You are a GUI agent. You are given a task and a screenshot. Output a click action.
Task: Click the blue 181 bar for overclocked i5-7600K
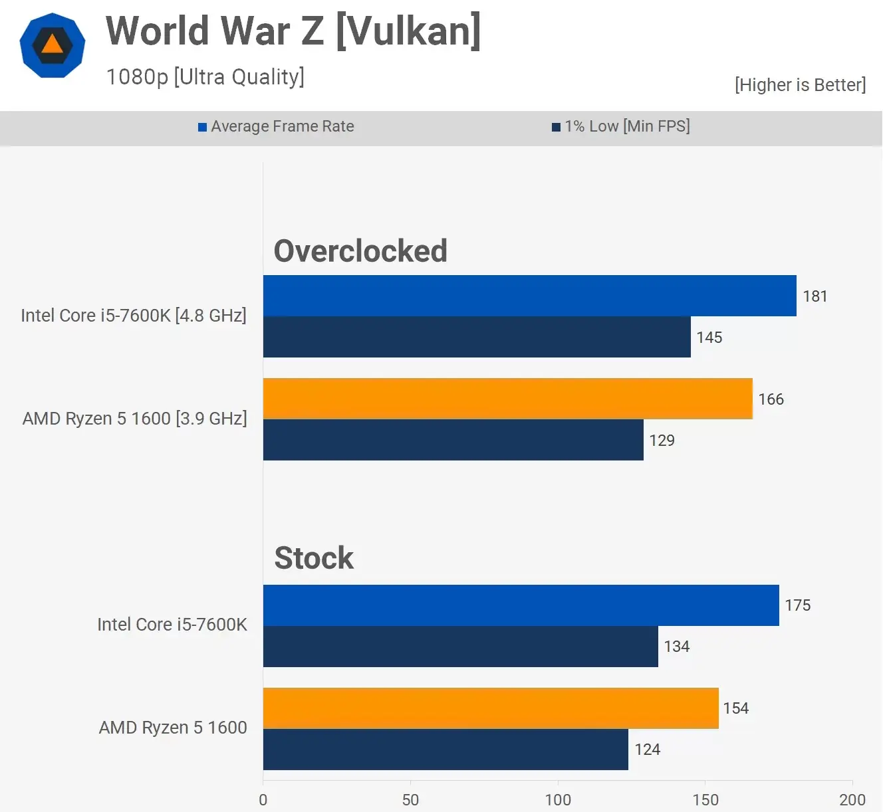[x=529, y=296]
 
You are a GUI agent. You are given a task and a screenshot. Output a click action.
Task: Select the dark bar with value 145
[x=477, y=337]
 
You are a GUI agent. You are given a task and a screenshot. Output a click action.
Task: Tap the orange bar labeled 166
[x=507, y=399]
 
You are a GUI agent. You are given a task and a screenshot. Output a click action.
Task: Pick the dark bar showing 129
[x=453, y=440]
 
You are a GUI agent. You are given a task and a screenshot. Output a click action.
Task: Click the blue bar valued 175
[x=521, y=605]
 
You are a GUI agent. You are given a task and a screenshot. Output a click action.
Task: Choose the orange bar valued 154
[x=491, y=708]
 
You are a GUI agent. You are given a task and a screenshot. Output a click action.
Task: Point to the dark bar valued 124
[x=445, y=750]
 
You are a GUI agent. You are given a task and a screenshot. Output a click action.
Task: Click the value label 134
[x=676, y=647]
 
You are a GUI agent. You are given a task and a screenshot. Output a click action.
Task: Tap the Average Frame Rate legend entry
[x=277, y=126]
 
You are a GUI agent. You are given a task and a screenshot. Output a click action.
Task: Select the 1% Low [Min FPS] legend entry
[x=621, y=126]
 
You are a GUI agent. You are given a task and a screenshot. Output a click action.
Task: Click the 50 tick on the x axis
[x=410, y=799]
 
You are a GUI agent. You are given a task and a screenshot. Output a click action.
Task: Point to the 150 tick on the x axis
[x=705, y=799]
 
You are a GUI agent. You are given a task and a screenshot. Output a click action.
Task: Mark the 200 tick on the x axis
[x=852, y=799]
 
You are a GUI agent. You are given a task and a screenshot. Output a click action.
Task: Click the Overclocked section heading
[x=360, y=251]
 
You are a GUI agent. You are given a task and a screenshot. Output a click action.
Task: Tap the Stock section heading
[x=314, y=558]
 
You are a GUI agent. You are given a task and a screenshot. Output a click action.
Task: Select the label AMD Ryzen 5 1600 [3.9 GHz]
[x=134, y=419]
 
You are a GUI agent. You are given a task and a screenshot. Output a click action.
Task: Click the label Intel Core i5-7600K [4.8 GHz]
[x=134, y=315]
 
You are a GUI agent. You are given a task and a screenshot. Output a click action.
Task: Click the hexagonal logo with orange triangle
[x=53, y=45]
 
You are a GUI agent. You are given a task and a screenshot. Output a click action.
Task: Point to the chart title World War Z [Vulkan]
[x=293, y=31]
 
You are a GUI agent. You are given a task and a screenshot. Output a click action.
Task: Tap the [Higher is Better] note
[x=800, y=85]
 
